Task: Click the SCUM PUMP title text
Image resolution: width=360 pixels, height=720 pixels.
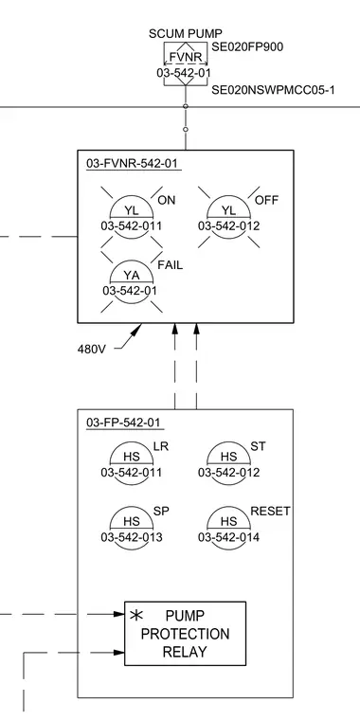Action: point(186,33)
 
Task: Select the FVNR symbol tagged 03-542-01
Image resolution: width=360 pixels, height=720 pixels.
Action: point(186,63)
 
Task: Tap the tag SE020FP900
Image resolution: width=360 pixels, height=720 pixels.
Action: point(247,46)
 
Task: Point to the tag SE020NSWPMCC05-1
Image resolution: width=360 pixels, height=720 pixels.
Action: point(273,90)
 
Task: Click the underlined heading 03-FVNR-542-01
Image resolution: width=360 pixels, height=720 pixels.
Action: point(134,164)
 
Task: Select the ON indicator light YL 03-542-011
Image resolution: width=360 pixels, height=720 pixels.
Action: point(132,217)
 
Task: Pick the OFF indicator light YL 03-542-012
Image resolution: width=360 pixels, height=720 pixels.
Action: point(228,217)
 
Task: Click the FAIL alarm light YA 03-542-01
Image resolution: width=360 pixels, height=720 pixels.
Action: point(132,281)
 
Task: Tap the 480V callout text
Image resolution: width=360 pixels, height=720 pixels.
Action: point(91,350)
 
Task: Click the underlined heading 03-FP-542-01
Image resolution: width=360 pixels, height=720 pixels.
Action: point(123,423)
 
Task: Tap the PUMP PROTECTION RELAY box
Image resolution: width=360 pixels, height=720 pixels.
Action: point(185,633)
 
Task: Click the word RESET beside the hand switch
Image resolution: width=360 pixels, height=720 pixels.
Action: point(270,511)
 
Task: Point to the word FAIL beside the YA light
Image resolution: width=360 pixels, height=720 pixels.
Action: point(171,265)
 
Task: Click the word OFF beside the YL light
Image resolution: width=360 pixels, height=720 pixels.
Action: point(267,201)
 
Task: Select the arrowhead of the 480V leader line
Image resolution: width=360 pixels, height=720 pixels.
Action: point(137,329)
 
